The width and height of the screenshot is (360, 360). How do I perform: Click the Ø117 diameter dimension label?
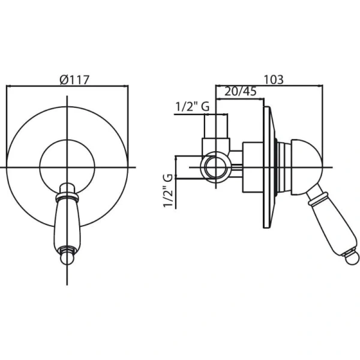tap(74, 80)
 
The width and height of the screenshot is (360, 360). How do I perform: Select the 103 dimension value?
tap(274, 80)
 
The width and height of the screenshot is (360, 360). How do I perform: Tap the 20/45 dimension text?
tap(240, 92)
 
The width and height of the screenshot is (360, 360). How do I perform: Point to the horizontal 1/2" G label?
tap(193, 107)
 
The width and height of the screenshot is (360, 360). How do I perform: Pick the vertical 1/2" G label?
tap(168, 191)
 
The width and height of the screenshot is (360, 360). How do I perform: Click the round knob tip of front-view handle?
tap(67, 258)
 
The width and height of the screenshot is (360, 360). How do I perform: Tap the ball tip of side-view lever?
tap(353, 258)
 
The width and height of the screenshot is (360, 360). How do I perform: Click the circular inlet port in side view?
tap(216, 167)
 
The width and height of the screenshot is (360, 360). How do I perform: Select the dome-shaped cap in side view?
tap(307, 167)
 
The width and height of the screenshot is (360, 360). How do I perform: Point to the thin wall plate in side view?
tap(269, 167)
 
